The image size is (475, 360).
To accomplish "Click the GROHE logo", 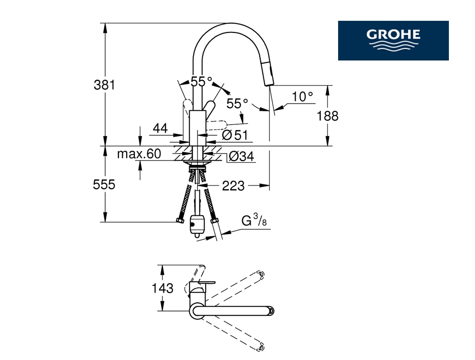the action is point(393,41).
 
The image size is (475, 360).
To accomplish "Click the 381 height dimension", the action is point(104,85).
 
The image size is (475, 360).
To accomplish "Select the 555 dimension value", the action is point(104,184).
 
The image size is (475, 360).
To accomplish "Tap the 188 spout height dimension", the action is point(327,116).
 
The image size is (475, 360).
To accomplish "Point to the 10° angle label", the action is point(302,97).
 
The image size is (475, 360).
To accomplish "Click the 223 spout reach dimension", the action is point(233,186).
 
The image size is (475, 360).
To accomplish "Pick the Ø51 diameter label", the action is point(235,135).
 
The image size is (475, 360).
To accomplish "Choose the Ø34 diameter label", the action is point(241,156).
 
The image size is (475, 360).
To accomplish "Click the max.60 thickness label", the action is point(139,154).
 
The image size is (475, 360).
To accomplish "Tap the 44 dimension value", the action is point(160,129).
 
